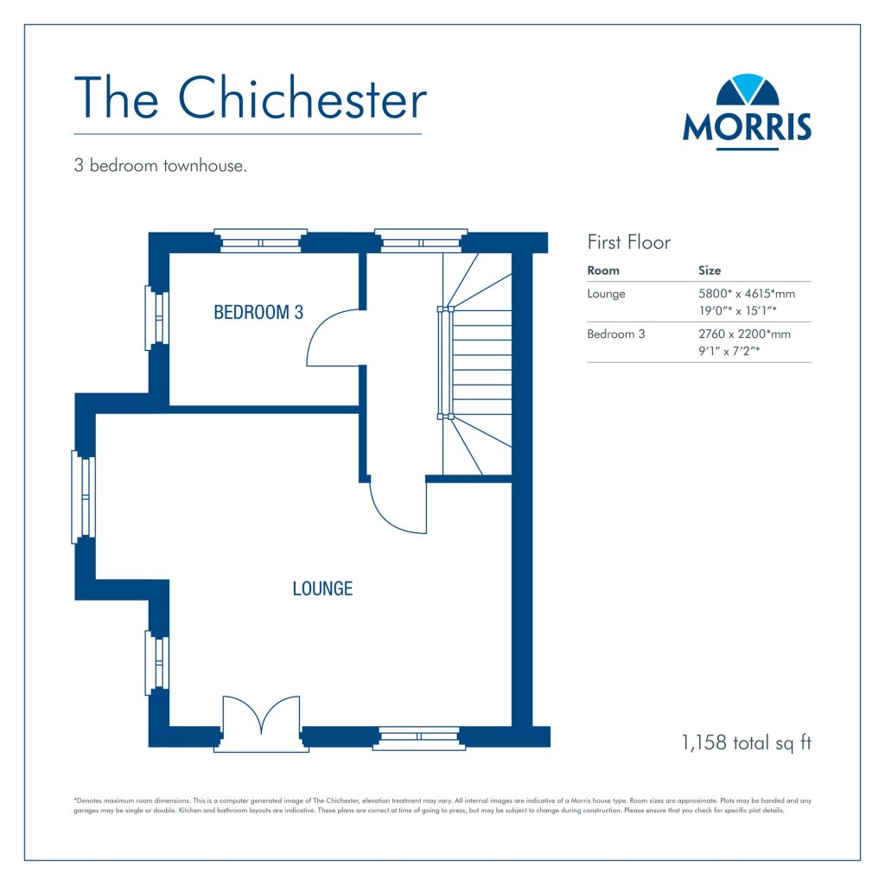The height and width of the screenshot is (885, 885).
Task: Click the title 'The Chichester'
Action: pos(250,98)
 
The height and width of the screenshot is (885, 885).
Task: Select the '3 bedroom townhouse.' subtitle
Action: pos(161,166)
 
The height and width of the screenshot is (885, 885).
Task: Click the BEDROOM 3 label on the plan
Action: pos(258,313)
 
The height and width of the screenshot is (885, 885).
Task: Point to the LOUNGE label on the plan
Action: pos(322,589)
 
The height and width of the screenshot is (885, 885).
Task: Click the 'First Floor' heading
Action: pos(628,242)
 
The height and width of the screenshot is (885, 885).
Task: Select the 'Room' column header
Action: pos(603,271)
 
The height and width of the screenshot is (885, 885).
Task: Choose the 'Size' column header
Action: pos(709,271)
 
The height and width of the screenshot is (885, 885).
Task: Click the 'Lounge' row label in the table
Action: pos(606,294)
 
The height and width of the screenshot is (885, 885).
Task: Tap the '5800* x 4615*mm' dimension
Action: pos(746,294)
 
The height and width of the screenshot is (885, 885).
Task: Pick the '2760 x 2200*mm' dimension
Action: pos(744,334)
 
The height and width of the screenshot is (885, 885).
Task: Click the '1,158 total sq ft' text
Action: pos(747,742)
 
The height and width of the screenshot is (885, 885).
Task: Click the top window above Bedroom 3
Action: pos(260,242)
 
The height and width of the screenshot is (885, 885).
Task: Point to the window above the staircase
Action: pos(420,242)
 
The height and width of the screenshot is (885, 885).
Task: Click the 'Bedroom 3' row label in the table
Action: pos(615,334)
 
